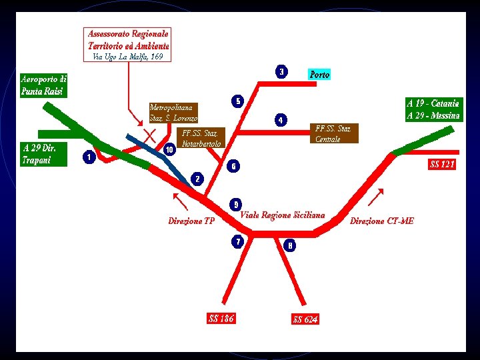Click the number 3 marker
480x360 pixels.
point(282,71)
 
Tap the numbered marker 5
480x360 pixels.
point(237,101)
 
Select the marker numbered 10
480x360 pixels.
point(170,149)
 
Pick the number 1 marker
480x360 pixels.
point(88,157)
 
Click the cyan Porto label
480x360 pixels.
point(319,75)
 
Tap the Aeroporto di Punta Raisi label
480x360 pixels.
point(43,85)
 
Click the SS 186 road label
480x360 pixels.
point(221,319)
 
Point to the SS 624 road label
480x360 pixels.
point(305,319)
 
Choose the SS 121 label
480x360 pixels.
point(443,164)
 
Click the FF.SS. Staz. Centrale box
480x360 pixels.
point(335,133)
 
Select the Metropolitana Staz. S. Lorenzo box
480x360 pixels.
point(174,112)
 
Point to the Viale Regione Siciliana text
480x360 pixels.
point(283,215)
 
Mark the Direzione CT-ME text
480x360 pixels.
point(381,221)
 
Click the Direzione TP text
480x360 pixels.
point(191,221)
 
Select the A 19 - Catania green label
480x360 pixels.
point(434,109)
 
